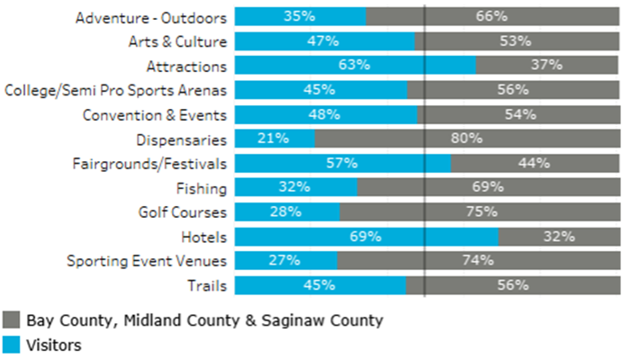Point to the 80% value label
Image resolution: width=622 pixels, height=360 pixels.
click(x=467, y=139)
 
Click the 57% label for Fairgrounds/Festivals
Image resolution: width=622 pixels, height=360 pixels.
click(x=342, y=163)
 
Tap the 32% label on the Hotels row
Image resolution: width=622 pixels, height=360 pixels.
click(x=558, y=237)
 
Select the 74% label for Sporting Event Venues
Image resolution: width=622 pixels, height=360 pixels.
click(x=477, y=261)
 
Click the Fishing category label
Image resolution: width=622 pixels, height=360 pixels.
click(x=203, y=188)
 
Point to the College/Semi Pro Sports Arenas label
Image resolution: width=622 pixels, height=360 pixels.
click(x=116, y=90)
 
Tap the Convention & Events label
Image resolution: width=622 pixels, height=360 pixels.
click(x=155, y=114)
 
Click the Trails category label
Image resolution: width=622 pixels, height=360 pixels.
click(x=207, y=285)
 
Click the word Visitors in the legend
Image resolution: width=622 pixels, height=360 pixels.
click(x=54, y=343)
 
